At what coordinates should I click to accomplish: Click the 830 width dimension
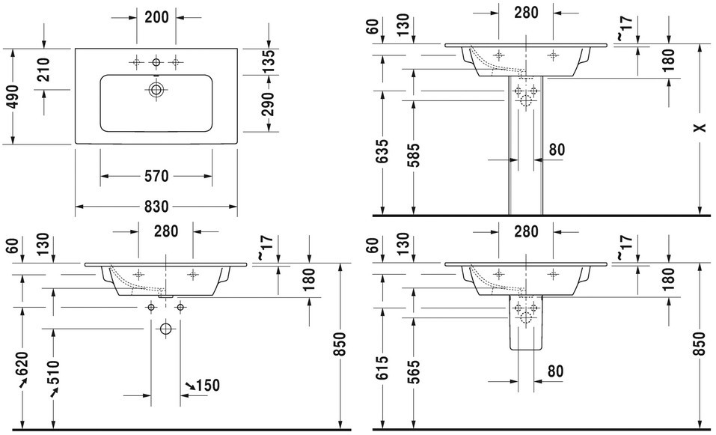[x=156, y=207]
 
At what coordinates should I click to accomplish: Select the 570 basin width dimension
[x=156, y=177]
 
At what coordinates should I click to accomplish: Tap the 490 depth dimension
[x=10, y=95]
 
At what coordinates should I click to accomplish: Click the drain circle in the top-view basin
[x=156, y=91]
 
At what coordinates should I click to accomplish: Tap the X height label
[x=698, y=128]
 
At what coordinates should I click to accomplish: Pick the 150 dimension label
[x=208, y=386]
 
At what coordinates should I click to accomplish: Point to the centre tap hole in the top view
[x=156, y=61]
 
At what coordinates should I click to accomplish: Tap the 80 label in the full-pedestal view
[x=556, y=150]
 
